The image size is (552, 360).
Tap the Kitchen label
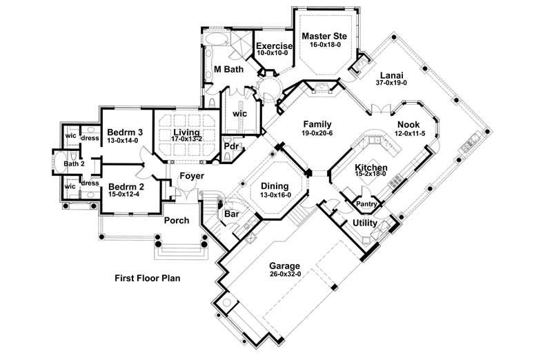pyautogui.click(x=371, y=168)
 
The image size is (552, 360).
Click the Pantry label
pyautogui.click(x=366, y=204)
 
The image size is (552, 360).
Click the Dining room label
pyautogui.click(x=274, y=186)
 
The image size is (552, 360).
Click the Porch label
pyautogui.click(x=177, y=221)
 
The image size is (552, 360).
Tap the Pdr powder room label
pyautogui.click(x=230, y=146)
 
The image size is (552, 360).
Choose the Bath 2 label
pyautogui.click(x=73, y=164)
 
